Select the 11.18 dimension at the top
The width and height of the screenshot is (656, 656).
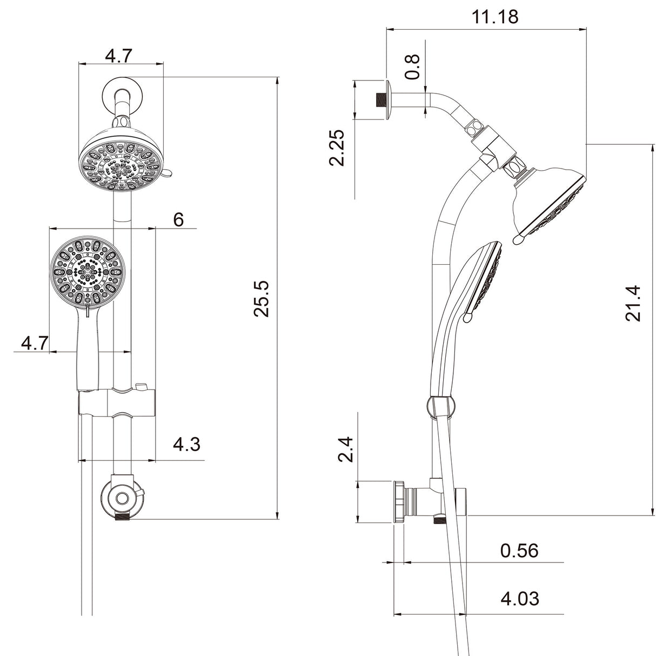(x=494, y=17)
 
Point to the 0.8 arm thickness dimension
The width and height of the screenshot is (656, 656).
(x=412, y=66)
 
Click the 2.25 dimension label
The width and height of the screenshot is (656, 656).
(x=338, y=148)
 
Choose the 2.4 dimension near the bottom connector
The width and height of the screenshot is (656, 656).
(x=345, y=449)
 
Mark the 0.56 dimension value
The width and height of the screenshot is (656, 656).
(x=519, y=551)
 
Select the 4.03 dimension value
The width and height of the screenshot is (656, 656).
(x=519, y=598)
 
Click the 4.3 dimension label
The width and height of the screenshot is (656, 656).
(x=186, y=444)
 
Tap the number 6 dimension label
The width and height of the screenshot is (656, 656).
(x=178, y=219)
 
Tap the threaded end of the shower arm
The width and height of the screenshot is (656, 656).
(x=381, y=99)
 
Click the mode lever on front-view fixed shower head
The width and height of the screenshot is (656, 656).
(x=167, y=173)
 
